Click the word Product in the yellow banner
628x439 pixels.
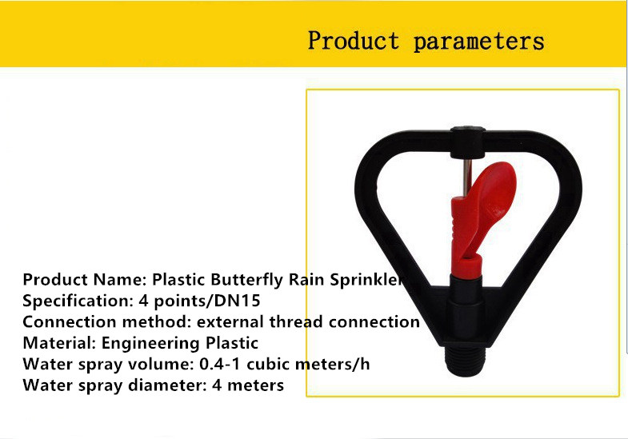pyautogui.click(x=354, y=41)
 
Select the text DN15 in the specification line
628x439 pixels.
pyautogui.click(x=238, y=300)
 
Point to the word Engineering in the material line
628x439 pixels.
pyautogui.click(x=150, y=343)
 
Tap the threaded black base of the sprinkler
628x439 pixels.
pyautogui.click(x=466, y=361)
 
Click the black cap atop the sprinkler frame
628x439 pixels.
pyautogui.click(x=468, y=142)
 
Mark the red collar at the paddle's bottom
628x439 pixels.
pyautogui.click(x=466, y=267)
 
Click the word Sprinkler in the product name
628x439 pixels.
pyautogui.click(x=366, y=280)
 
